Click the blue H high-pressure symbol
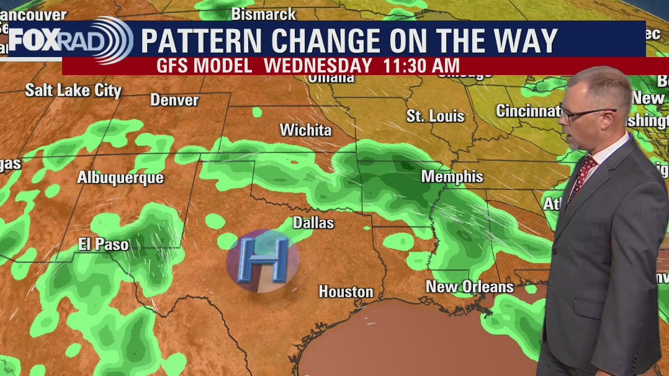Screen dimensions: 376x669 coord(263,259)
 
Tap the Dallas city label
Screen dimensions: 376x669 coord(313,223)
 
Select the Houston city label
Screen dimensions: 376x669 coord(346,292)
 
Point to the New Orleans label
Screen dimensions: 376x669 coord(470,287)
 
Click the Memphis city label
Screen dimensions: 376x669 coord(452,177)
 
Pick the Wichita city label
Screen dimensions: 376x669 coord(305,130)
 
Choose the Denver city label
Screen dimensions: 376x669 coord(174,100)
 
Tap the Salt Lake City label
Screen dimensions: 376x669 coord(73,90)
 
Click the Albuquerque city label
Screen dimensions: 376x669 coord(120,178)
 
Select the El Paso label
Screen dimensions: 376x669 coord(104,244)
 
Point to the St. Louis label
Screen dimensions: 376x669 coord(436,116)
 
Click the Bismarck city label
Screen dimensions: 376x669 coord(264,13)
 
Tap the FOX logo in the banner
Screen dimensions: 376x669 coord(35,40)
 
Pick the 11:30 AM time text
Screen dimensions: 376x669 coord(420,66)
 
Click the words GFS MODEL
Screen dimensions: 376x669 coord(204,66)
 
